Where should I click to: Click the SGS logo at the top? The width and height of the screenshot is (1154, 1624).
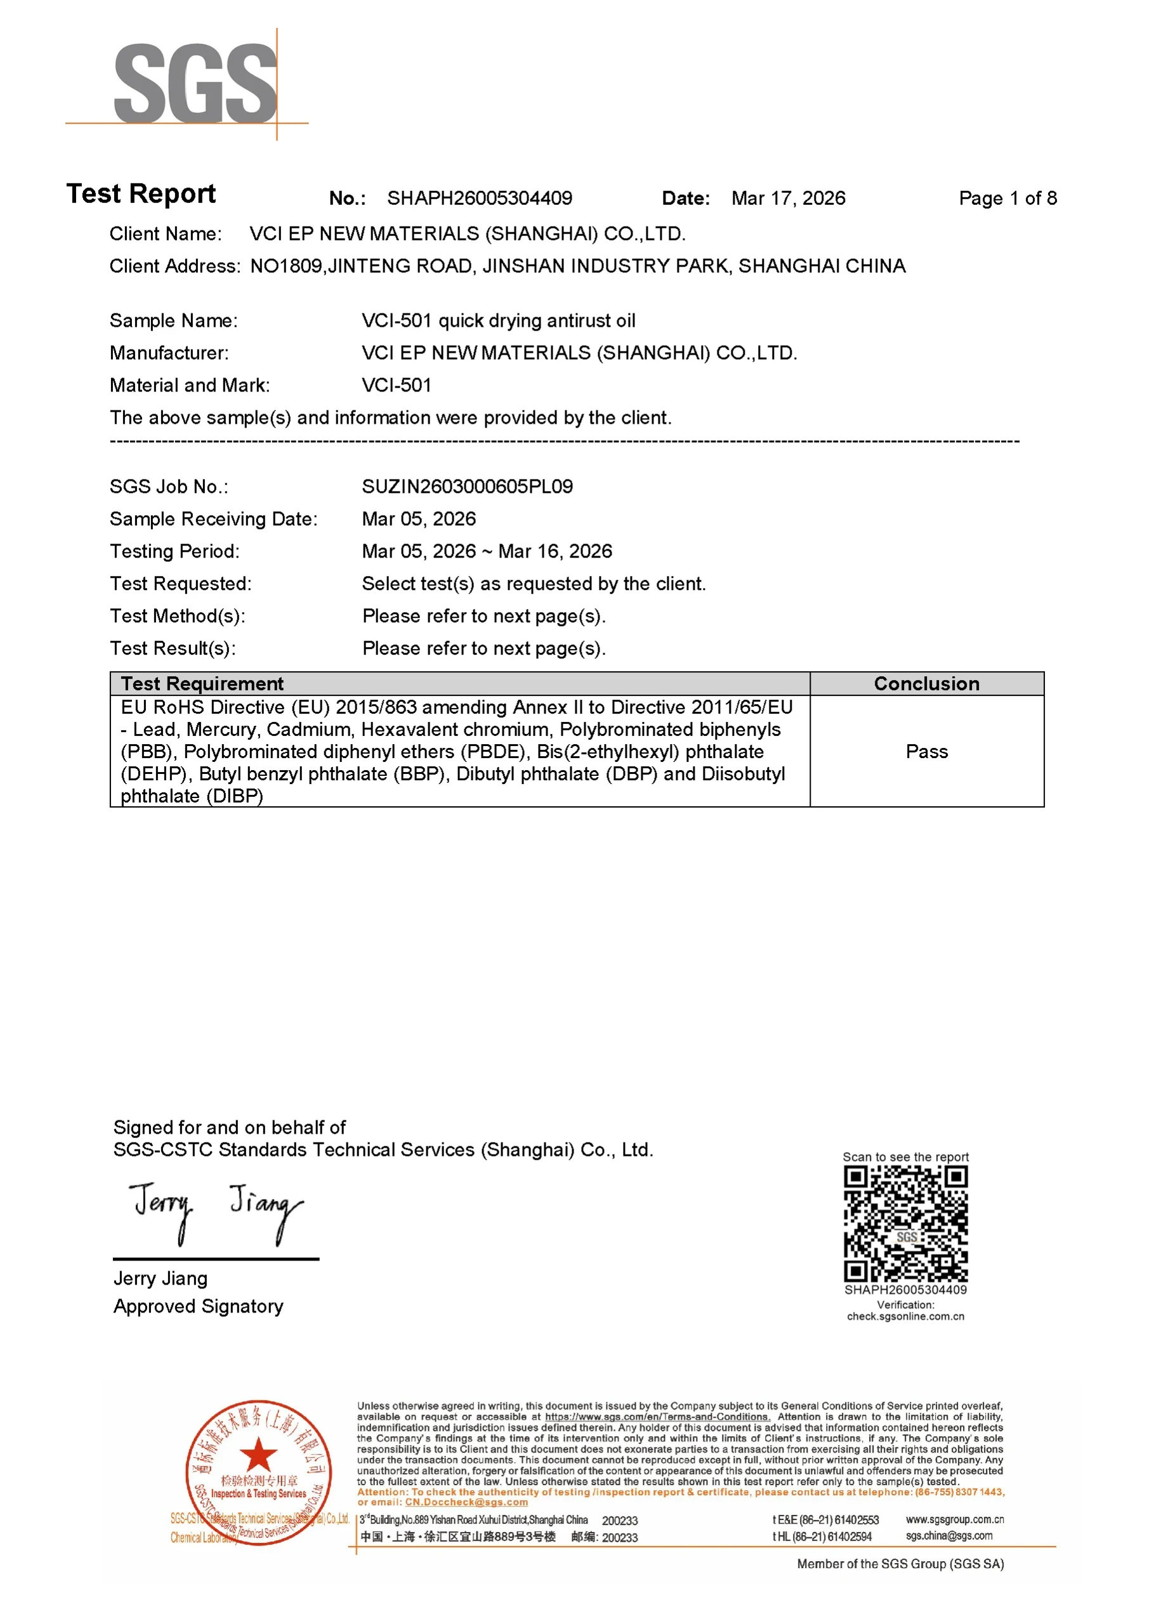coord(195,83)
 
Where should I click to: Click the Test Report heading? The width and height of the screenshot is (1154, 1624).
coord(141,194)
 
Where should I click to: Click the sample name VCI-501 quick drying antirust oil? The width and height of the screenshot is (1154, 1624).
coord(498,320)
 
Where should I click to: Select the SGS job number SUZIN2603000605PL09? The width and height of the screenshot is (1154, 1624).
coord(467,487)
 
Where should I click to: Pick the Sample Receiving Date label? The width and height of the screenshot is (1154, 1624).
coord(213,520)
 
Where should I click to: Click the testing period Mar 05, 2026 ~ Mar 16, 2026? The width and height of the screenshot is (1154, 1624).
coord(487,551)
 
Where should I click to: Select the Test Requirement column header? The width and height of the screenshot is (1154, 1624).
coord(202,683)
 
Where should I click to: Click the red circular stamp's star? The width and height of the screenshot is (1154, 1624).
coord(259,1453)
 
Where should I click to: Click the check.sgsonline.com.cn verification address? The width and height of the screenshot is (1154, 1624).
coord(905,1316)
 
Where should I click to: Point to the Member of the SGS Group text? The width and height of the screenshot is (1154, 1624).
coord(900,1564)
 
